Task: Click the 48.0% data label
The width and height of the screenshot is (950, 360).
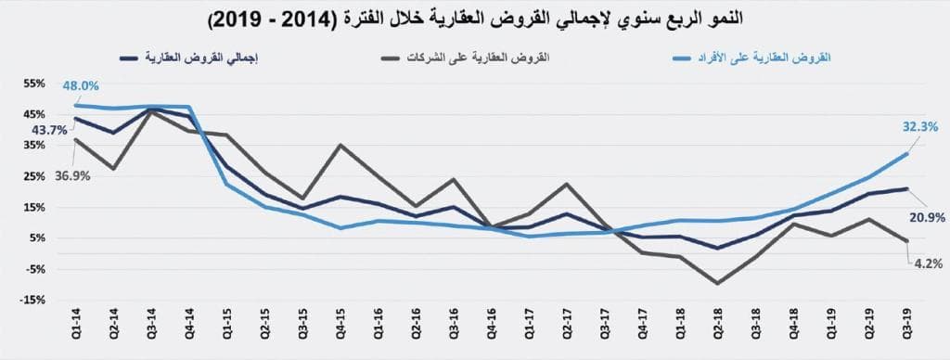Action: coord(81,86)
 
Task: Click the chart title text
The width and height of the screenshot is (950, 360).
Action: coord(474,19)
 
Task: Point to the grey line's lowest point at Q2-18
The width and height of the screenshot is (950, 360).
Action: coord(717,283)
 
